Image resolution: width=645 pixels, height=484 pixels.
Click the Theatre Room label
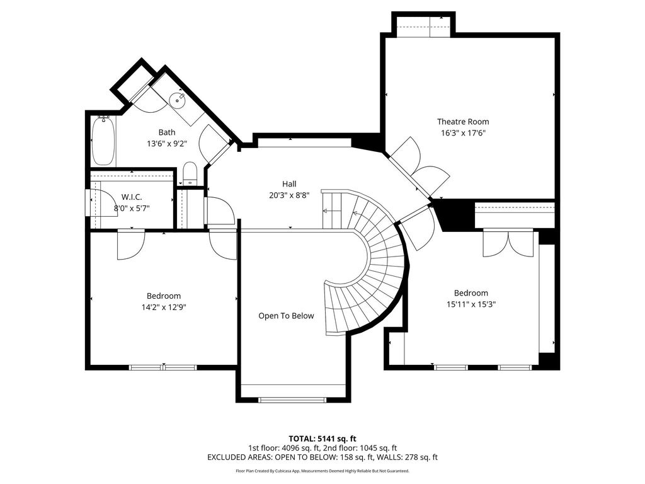coord(463,122)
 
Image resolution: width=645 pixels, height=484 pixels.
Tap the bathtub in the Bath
coord(103,141)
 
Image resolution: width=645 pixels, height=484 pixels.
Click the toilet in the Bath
coord(190,173)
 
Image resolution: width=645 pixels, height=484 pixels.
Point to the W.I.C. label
coord(132,197)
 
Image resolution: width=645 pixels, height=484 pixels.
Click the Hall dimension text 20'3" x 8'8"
coord(289,195)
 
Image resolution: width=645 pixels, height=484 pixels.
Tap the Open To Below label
coord(286,316)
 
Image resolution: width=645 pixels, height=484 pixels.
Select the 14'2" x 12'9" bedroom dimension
coord(164,307)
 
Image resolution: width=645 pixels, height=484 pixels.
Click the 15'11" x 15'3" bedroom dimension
coord(471,304)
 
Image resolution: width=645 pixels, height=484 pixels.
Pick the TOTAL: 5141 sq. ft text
coord(322,439)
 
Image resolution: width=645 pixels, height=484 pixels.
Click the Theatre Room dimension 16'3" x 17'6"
coord(463,132)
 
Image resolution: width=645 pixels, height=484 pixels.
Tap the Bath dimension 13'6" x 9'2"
coord(166,144)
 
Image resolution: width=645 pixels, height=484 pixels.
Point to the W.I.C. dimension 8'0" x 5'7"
coord(132,208)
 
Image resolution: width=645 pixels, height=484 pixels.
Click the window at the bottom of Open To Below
coord(292,400)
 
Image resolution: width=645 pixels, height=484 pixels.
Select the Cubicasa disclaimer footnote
coord(322,471)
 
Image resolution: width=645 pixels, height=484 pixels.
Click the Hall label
coord(289,184)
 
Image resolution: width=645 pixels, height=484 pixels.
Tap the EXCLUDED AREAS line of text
coord(322,458)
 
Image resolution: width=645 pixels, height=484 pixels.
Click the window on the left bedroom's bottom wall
coord(163,367)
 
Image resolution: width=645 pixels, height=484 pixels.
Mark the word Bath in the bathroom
coord(166,132)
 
